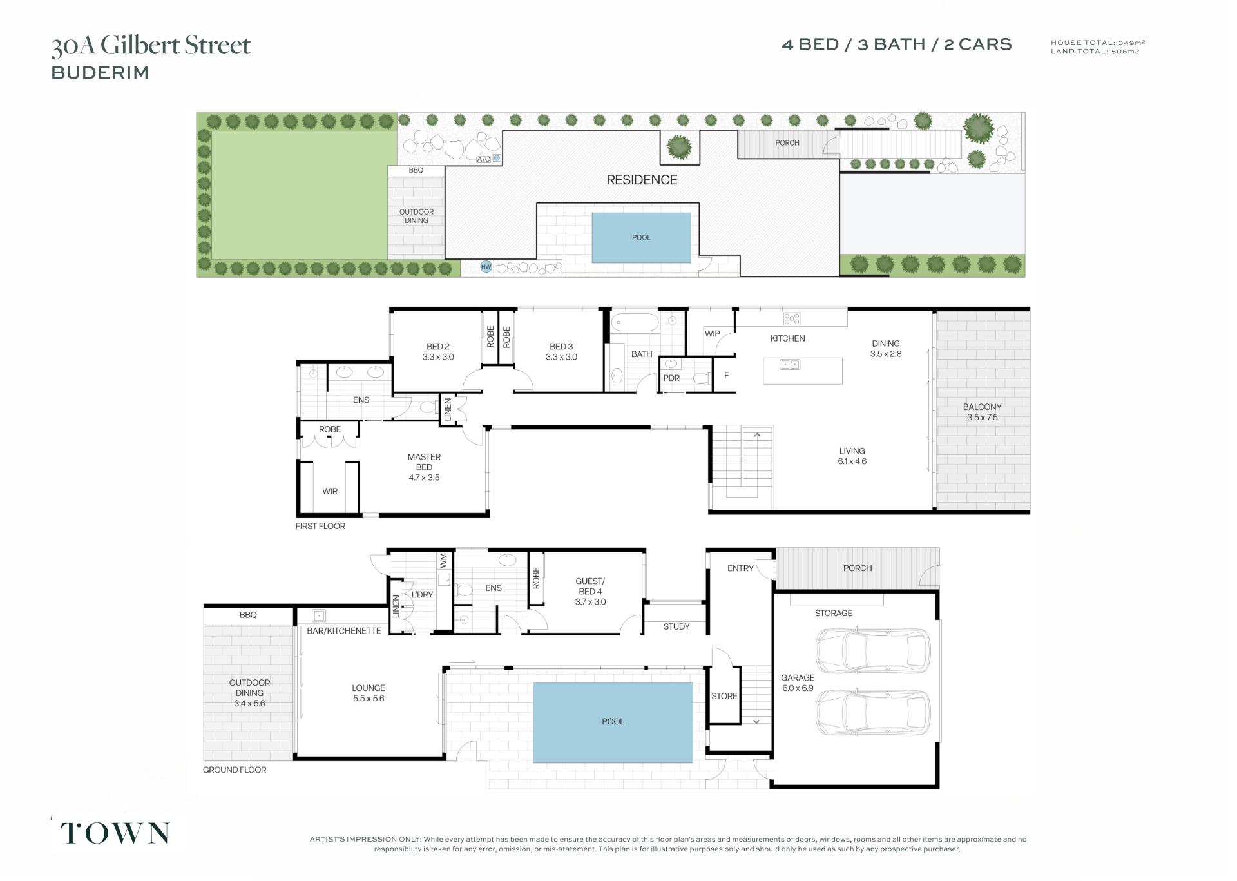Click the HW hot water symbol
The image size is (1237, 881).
[486, 266]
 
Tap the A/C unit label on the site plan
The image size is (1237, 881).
[483, 159]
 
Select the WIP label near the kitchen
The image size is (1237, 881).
[712, 333]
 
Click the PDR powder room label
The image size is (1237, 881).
[671, 378]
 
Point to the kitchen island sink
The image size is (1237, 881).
[790, 365]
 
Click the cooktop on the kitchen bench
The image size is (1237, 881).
[792, 318]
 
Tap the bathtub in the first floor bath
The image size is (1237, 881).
[635, 322]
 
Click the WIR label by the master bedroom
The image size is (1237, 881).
[330, 491]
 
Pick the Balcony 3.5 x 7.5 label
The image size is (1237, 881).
[982, 412]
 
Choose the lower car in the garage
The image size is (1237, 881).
[873, 712]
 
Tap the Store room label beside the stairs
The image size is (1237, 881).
[724, 696]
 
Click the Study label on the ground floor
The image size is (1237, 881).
[676, 626]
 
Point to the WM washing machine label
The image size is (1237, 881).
[443, 560]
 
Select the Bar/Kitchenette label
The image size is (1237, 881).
[344, 630]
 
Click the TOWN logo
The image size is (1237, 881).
[115, 833]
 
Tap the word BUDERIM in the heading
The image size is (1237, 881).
[100, 73]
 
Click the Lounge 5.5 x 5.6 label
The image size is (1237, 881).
[369, 693]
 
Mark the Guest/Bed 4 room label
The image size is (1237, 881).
[590, 591]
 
